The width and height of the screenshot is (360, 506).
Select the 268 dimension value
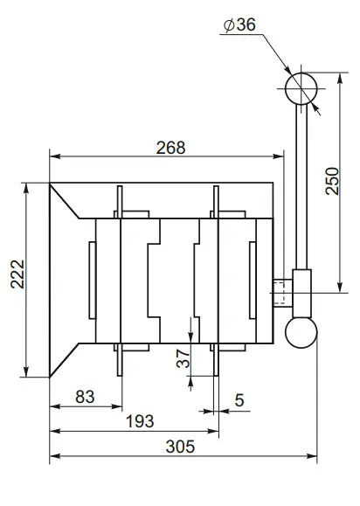click(x=170, y=147)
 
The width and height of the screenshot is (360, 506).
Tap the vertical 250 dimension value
click(x=331, y=182)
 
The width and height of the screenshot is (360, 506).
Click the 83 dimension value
click(x=85, y=396)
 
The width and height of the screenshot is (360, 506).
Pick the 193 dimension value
click(x=139, y=420)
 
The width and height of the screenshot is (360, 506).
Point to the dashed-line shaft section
click(x=282, y=291)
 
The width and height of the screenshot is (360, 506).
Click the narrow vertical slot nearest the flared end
click(x=90, y=280)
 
